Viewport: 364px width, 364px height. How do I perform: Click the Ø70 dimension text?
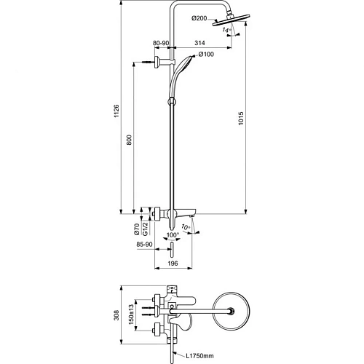point(136,229)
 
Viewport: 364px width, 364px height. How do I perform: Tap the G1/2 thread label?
point(146,229)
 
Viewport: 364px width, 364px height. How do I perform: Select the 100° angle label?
point(173,237)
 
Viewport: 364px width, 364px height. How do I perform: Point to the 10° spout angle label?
point(186,229)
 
